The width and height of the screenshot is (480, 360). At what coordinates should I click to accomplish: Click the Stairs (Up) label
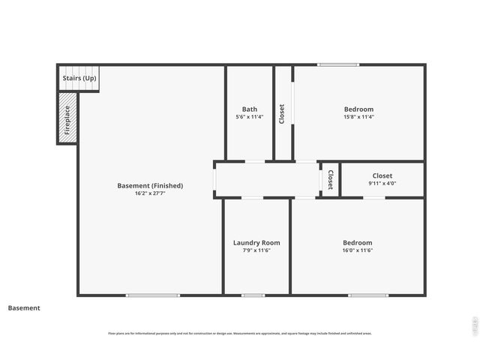click(x=79, y=78)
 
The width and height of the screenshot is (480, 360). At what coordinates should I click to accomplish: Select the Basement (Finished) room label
click(x=150, y=185)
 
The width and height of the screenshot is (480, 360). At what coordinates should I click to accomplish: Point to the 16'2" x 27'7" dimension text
click(x=150, y=193)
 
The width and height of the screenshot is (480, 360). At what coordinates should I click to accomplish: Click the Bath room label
click(x=249, y=109)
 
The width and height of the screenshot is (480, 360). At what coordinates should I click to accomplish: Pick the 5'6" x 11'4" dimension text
click(x=249, y=117)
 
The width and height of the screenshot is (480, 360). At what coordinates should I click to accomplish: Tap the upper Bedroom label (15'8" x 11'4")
click(x=358, y=109)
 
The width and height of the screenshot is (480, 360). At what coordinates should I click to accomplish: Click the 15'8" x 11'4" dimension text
click(x=358, y=117)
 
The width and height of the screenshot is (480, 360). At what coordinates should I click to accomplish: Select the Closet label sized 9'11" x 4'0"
click(x=382, y=175)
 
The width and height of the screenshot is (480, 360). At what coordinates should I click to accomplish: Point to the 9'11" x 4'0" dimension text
click(x=382, y=183)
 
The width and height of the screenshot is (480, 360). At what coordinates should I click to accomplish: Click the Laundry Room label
click(x=256, y=242)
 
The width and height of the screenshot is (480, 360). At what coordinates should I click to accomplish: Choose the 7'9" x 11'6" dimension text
click(x=256, y=250)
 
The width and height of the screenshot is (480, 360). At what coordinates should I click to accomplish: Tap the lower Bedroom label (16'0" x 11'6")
click(x=357, y=242)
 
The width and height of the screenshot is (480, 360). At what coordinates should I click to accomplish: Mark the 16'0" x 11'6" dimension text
click(x=357, y=250)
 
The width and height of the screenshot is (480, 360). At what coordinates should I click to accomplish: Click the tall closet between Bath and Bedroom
click(x=282, y=113)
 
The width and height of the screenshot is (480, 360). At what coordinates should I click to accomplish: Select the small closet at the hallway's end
click(x=330, y=180)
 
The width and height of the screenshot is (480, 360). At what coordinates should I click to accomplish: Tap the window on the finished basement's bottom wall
click(x=152, y=295)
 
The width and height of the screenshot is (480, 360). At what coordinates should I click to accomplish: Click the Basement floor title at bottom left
click(x=24, y=307)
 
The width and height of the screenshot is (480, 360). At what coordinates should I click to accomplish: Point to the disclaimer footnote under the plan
click(x=240, y=333)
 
